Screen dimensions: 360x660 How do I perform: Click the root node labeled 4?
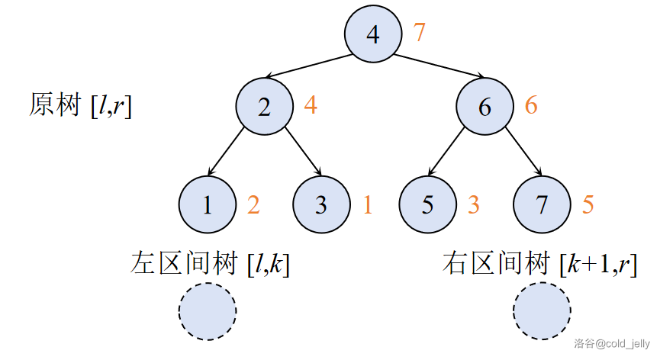(x=372, y=35)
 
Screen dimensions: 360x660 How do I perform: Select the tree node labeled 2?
(x=264, y=107)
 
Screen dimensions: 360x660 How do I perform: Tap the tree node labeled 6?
(x=485, y=107)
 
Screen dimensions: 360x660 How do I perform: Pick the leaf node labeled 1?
(x=208, y=204)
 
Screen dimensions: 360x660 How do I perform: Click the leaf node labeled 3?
(x=321, y=204)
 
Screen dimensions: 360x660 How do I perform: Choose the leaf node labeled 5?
(x=428, y=204)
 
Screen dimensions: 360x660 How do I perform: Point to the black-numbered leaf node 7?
(x=542, y=204)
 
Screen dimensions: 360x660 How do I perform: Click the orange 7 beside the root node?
(x=419, y=33)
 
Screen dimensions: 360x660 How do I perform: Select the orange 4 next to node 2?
(x=311, y=105)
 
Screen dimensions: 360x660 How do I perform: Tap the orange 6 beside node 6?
(x=531, y=105)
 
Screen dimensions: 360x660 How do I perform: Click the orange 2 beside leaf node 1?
(x=253, y=204)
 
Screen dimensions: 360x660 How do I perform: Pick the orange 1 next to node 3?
(x=367, y=204)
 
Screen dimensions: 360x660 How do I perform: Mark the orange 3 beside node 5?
(x=474, y=204)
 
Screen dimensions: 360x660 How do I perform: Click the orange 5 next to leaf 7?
(x=588, y=204)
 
